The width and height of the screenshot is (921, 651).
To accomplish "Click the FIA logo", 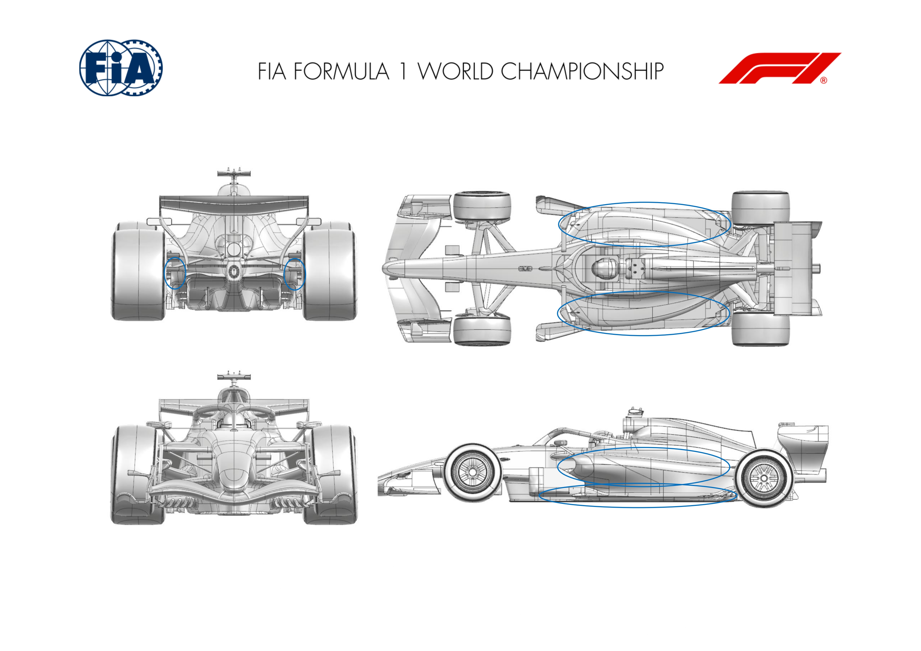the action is pyautogui.click(x=121, y=68).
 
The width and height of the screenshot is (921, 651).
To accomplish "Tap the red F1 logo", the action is pyautogui.click(x=780, y=68).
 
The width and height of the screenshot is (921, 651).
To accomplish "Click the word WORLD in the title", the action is pyautogui.click(x=455, y=71).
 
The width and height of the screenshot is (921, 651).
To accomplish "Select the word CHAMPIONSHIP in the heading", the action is pyautogui.click(x=582, y=71).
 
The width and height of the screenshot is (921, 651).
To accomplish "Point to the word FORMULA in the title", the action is pyautogui.click(x=341, y=71).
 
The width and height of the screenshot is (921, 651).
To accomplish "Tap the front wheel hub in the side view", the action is pyautogui.click(x=472, y=472).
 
